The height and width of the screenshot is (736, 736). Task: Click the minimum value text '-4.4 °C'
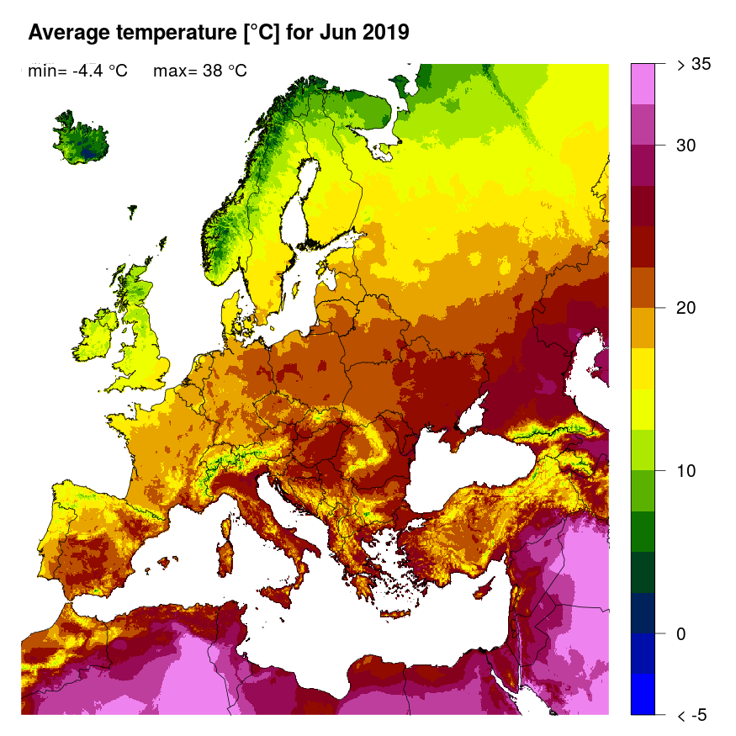[x=99, y=71]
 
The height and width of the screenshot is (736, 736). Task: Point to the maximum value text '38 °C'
[x=224, y=71]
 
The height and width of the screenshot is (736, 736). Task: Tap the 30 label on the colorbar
[x=687, y=145]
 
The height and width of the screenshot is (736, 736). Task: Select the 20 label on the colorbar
[x=687, y=308]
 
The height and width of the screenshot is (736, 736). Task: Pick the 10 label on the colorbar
[x=687, y=470]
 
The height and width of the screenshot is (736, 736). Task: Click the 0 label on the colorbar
[x=682, y=633]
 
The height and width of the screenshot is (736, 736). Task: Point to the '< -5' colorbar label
[x=691, y=715]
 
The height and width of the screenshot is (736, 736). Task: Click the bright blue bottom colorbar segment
[x=642, y=694]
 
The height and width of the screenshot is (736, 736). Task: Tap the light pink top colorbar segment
[x=642, y=83]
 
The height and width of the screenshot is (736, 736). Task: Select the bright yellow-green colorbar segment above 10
[x=642, y=450]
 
